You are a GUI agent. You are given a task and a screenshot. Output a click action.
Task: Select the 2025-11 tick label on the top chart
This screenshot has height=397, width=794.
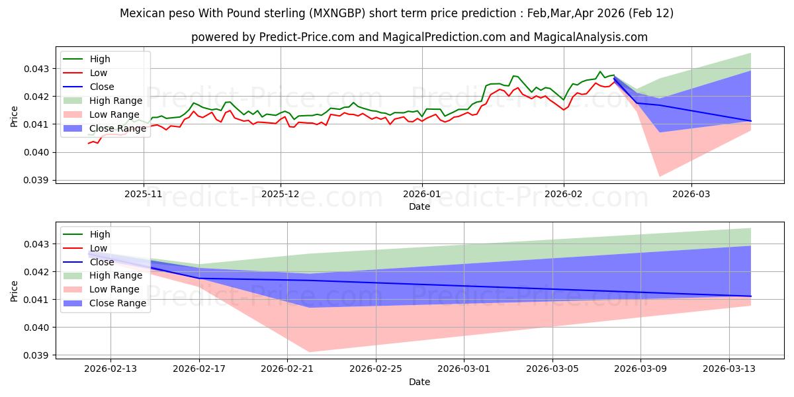(144, 195)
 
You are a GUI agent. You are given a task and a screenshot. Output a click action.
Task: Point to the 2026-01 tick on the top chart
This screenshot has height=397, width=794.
(422, 195)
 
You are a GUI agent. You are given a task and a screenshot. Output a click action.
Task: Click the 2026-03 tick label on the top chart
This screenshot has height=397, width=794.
(691, 195)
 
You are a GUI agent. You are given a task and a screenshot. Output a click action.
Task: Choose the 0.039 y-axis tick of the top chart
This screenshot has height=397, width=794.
(40, 180)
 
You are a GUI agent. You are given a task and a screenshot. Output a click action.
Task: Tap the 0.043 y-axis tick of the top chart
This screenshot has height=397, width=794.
(40, 69)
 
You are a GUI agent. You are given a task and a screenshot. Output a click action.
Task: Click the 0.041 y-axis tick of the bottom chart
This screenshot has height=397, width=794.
(40, 300)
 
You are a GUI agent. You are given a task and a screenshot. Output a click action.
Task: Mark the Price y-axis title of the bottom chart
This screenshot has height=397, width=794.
(15, 291)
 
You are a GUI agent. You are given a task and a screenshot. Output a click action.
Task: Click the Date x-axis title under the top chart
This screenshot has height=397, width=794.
(419, 206)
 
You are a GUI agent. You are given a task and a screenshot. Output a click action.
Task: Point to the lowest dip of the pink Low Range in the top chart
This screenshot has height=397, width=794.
(660, 177)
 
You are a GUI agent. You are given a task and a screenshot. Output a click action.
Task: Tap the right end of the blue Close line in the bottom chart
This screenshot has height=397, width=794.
(751, 296)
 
